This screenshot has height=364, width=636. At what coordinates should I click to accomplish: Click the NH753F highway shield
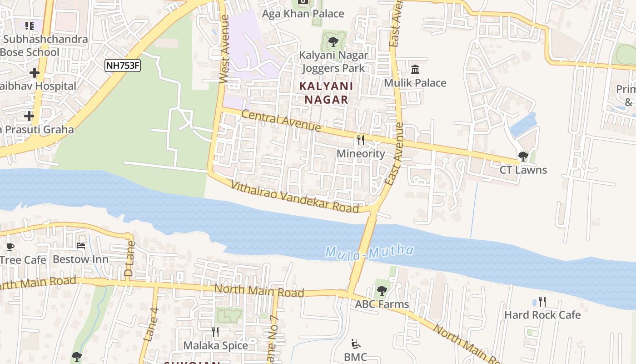click(x=122, y=66)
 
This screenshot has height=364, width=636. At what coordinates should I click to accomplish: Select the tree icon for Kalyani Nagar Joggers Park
click(x=333, y=42)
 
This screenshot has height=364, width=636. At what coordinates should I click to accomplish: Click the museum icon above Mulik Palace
click(x=415, y=70)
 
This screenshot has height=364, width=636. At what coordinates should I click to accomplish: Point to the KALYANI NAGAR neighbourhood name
click(x=326, y=93)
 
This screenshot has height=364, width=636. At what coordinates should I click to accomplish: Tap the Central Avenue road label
click(x=281, y=121)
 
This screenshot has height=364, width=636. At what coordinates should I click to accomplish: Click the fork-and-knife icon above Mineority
click(x=361, y=140)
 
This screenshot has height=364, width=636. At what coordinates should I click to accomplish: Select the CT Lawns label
click(x=523, y=170)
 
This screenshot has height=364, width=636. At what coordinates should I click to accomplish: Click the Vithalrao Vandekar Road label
click(x=295, y=197)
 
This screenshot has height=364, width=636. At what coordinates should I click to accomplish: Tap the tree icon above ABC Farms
click(x=382, y=290)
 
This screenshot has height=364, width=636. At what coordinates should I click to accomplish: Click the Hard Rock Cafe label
click(x=542, y=315)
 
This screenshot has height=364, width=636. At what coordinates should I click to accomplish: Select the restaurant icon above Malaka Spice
click(x=215, y=332)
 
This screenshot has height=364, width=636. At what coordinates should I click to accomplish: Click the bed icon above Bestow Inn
click(x=81, y=246)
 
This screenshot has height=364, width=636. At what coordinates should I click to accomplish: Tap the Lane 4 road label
click(x=150, y=324)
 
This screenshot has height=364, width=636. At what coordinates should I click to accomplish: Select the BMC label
click(x=355, y=357)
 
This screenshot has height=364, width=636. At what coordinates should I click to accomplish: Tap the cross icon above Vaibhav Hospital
click(x=35, y=73)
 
